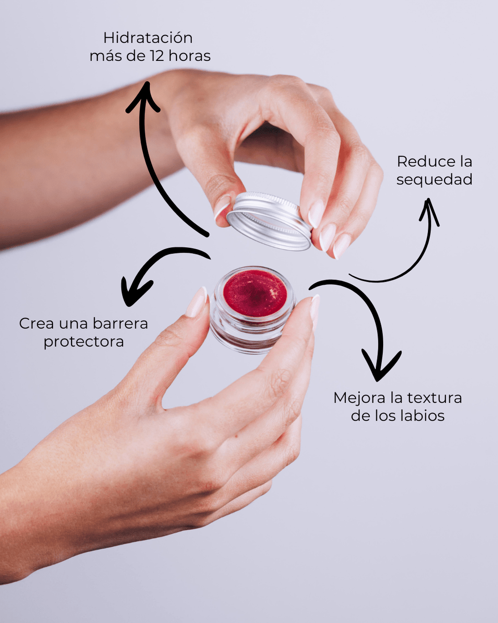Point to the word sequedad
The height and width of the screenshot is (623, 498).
434,180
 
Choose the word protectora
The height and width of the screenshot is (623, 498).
84,342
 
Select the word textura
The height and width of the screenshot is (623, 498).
434,398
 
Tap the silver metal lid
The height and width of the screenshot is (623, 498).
269,221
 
